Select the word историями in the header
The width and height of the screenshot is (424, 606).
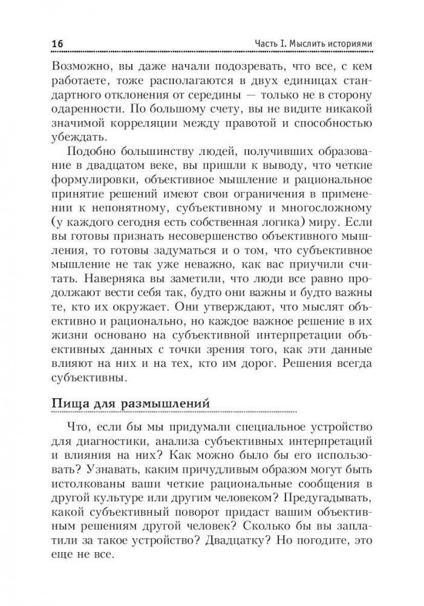click(x=343, y=44)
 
